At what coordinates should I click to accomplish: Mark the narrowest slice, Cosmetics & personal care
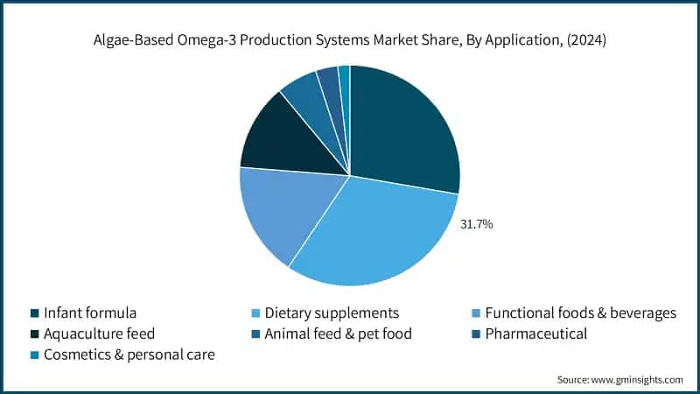[345, 79]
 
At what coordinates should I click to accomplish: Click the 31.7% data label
[476, 225]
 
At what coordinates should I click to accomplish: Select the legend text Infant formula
[90, 313]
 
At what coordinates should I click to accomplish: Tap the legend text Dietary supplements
[332, 313]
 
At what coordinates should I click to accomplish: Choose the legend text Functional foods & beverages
[581, 313]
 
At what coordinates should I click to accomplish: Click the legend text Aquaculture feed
[99, 334]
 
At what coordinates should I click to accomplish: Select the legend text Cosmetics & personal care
[129, 355]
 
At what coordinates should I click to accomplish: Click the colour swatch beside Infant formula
[33, 313]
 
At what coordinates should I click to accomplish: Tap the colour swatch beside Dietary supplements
[255, 313]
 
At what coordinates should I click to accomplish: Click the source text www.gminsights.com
[637, 379]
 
